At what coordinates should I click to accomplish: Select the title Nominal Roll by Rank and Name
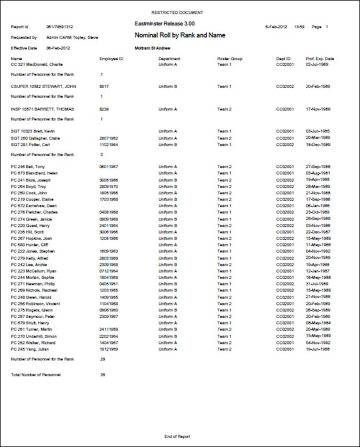(x=180, y=35)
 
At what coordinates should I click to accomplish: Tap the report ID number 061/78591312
(x=58, y=26)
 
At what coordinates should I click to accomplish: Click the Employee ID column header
(x=112, y=59)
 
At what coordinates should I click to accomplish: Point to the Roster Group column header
(x=230, y=59)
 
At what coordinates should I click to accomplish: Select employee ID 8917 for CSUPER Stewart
(x=105, y=86)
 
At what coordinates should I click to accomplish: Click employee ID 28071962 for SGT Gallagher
(x=108, y=138)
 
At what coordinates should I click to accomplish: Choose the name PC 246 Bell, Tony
(x=29, y=167)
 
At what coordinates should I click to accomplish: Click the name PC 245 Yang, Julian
(x=31, y=349)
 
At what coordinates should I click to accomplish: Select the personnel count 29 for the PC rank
(x=103, y=360)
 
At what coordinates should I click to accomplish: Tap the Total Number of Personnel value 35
(x=103, y=375)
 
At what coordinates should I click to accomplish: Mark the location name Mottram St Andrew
(x=152, y=48)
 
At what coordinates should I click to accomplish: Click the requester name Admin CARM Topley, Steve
(x=73, y=37)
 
